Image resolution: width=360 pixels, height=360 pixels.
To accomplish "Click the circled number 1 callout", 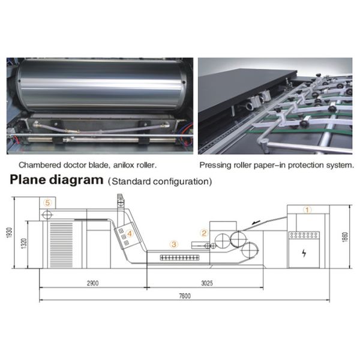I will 307,210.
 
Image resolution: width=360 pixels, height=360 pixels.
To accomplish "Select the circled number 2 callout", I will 204,233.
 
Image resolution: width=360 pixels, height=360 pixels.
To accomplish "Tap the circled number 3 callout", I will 174,244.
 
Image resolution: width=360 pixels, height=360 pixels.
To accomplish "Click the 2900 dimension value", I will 92,282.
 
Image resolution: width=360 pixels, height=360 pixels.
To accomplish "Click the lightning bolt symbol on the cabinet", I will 306,253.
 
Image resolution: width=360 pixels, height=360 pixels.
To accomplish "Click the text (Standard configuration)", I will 160,181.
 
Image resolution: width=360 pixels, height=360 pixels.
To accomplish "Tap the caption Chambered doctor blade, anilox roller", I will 88,164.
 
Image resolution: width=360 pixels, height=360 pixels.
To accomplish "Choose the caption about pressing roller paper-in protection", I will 276,164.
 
